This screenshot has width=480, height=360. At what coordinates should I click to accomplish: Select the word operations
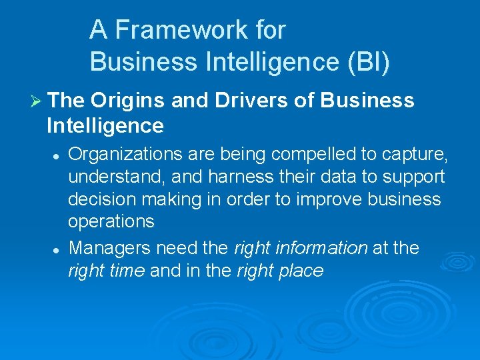pyautogui.click(x=111, y=221)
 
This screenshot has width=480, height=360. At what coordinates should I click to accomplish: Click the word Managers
pyautogui.click(x=110, y=248)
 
